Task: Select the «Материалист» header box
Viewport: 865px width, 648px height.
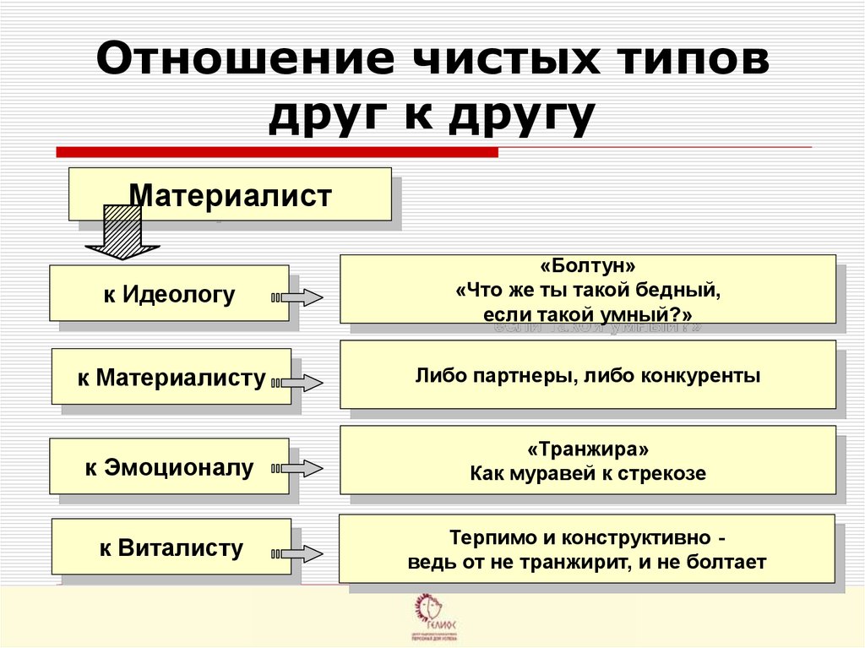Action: tap(230, 195)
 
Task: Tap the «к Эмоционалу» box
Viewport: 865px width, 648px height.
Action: tap(169, 467)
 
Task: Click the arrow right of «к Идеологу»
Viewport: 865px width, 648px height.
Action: tap(297, 297)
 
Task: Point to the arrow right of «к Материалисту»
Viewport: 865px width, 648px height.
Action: tap(298, 383)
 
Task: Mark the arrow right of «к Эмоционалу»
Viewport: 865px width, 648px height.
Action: tap(297, 468)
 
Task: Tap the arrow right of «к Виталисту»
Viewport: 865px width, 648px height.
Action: tap(298, 553)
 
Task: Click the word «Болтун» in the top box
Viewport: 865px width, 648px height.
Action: tap(588, 267)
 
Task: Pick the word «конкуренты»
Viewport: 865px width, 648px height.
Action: tap(707, 374)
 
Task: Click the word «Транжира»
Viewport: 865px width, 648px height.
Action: tap(588, 450)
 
